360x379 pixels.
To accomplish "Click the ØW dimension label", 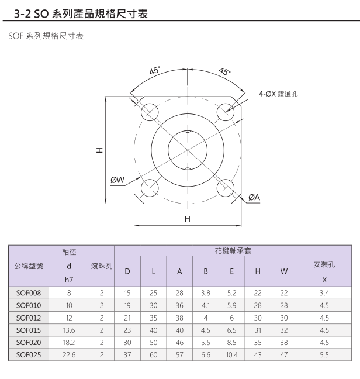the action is [117, 180].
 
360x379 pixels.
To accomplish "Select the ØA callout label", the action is [254, 198].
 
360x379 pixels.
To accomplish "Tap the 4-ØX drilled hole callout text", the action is [278, 94].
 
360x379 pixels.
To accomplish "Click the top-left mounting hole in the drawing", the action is [150, 112].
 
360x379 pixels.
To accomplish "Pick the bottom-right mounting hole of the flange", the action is [226, 188].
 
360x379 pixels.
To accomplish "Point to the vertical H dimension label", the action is [99, 150].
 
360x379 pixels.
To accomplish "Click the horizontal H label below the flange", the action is [188, 219].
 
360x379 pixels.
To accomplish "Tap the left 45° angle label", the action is [155, 70].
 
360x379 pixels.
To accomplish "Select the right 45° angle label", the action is [225, 71].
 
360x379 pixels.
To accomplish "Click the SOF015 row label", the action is [29, 330].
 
